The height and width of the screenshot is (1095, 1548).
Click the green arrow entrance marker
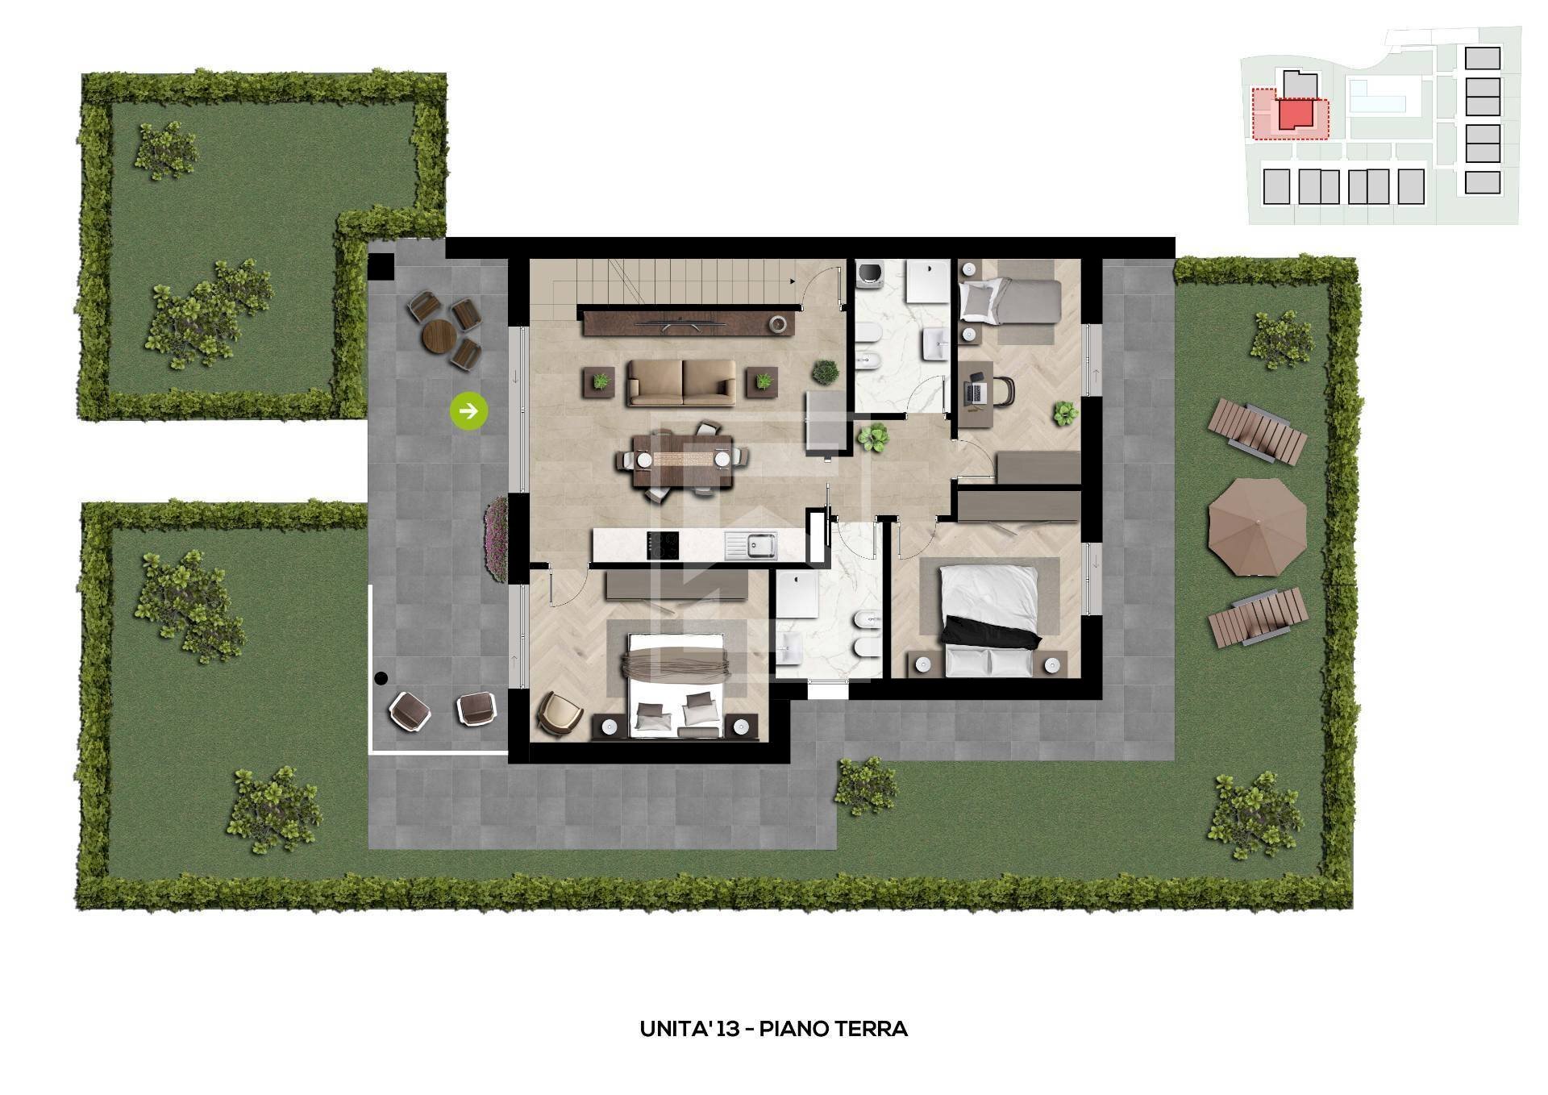(468, 411)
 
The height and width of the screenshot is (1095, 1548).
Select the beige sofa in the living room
(682, 382)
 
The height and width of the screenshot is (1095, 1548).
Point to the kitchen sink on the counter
(750, 546)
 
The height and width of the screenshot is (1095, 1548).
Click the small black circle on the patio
(381, 679)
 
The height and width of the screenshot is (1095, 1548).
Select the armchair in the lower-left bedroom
(559, 713)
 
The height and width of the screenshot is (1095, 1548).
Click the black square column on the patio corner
(381, 266)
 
